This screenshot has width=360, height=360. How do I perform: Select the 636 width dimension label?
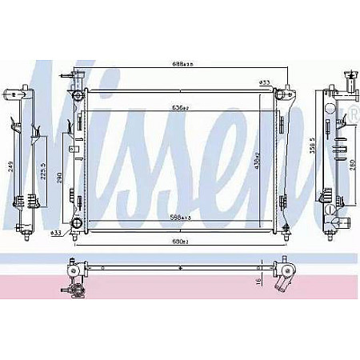pyautogui.click(x=180, y=107)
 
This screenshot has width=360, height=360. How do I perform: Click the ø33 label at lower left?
pyautogui.click(x=56, y=233)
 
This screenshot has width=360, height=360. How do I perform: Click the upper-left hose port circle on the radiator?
pyautogui.click(x=77, y=96)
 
